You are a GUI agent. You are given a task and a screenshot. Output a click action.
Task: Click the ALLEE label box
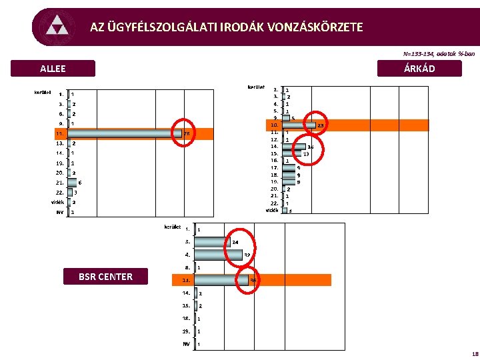[x=53, y=69]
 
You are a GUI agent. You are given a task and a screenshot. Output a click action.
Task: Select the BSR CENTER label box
[x=105, y=277]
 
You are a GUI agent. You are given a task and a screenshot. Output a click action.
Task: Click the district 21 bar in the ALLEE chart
[x=71, y=182]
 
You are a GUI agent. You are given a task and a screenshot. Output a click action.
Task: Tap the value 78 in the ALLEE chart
[x=187, y=133]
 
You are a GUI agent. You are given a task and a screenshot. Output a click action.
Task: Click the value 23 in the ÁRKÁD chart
[x=320, y=125]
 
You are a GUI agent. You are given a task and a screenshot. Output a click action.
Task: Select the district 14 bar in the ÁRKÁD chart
[x=294, y=146]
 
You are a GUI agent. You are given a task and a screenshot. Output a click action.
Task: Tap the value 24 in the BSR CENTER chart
[x=235, y=242]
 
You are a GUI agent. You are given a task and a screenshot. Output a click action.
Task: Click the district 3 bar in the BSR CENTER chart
[x=212, y=242]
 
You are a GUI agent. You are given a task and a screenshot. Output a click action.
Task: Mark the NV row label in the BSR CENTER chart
[x=187, y=344]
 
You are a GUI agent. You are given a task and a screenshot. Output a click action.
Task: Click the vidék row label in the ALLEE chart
[x=58, y=202]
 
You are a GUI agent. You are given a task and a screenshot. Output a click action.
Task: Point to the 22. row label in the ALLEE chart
[x=60, y=192]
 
